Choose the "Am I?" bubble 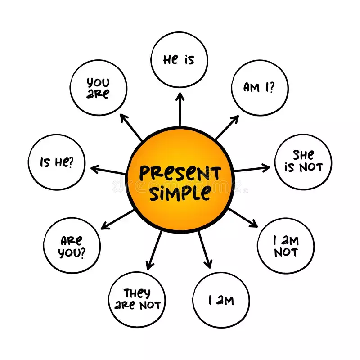[x=260, y=87]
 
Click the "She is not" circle [x=303, y=161]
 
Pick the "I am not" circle [x=286, y=246]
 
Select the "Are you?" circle [x=72, y=246]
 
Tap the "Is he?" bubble [x=56, y=162]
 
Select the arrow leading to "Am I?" [x=227, y=127]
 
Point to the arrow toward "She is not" [x=252, y=169]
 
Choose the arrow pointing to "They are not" [x=154, y=250]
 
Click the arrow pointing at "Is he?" [x=108, y=171]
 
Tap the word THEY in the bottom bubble [x=137, y=293]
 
